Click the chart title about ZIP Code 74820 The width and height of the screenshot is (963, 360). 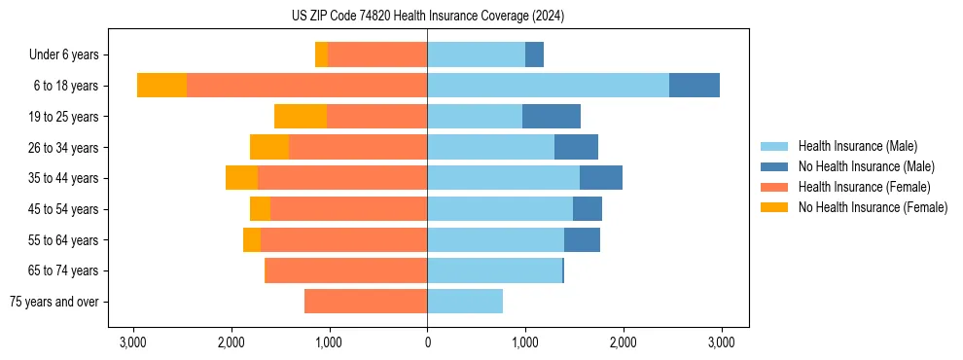pos(427,17)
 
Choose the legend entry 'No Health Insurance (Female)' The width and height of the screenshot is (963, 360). pos(873,207)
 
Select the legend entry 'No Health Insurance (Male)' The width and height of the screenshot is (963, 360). pos(866,166)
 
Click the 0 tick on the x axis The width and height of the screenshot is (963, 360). pos(427,342)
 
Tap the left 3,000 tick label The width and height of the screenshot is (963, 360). pos(133,342)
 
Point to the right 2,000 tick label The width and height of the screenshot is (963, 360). pos(624,342)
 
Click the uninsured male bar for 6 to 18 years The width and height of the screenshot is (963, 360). pos(695,86)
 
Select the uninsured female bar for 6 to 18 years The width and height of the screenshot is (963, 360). pos(161,86)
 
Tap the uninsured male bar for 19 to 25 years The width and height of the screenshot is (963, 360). pos(552,117)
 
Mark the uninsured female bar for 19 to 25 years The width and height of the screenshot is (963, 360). pos(301,117)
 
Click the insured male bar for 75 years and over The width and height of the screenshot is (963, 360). pos(465,302)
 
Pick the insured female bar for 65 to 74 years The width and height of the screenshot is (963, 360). pos(346,270)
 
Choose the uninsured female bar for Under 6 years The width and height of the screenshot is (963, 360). pos(321,54)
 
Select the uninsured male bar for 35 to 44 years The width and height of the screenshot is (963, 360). pos(601,178)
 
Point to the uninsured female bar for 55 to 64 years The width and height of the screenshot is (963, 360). pos(252,240)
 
